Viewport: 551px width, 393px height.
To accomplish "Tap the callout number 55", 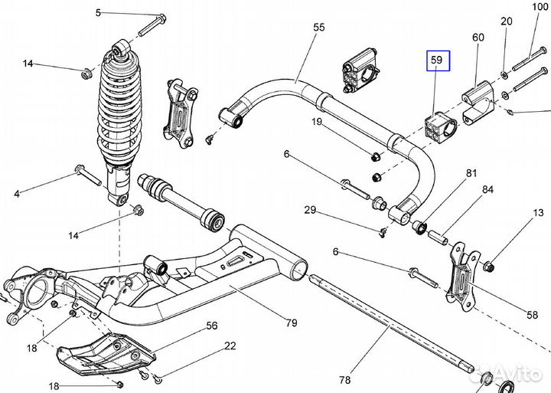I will [x=318, y=28].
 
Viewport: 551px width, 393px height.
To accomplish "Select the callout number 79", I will [x=291, y=323].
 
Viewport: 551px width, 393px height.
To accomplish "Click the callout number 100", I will [x=540, y=7].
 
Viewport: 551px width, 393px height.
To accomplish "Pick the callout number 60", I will [x=478, y=37].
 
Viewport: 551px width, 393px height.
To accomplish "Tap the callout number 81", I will [x=471, y=173].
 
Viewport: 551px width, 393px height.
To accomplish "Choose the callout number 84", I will [x=487, y=189].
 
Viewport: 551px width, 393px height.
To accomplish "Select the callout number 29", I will [x=309, y=210].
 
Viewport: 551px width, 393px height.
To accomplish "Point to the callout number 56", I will [x=212, y=326].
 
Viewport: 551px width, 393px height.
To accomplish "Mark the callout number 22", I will [x=230, y=346].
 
